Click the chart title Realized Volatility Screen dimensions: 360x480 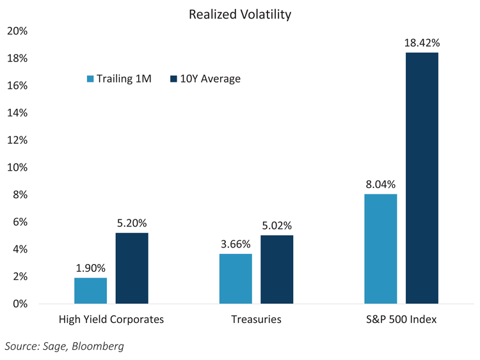point(240,13)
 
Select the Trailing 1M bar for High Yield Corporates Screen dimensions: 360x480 point(91,290)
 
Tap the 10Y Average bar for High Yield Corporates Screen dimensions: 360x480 point(132,268)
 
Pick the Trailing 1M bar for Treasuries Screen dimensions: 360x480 point(236,278)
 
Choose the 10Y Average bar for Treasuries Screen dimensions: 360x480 point(276,269)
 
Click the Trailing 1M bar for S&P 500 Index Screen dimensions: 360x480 point(381,249)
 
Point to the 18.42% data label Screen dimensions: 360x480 point(422,43)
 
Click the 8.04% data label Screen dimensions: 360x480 point(381,184)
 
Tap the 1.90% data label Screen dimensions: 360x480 point(91,268)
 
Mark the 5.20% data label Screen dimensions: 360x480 point(132,223)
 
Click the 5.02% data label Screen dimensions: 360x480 point(276,226)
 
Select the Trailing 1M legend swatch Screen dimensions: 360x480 point(90,79)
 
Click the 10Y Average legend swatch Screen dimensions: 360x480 point(174,79)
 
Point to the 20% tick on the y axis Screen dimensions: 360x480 point(17,31)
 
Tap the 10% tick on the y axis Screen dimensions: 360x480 point(17,168)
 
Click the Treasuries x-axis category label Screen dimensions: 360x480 point(256,319)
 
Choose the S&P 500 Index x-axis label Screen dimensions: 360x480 point(401,319)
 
